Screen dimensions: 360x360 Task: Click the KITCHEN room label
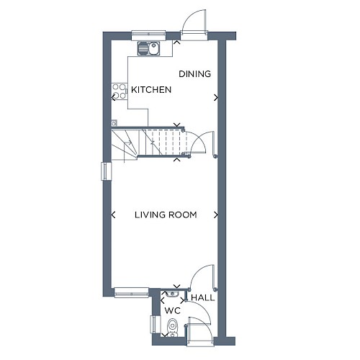tap(151, 90)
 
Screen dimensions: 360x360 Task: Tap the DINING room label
tap(195, 74)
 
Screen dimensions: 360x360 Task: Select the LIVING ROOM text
tap(166, 215)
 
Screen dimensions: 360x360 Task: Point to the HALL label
tap(203, 298)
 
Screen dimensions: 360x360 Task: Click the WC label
tap(172, 311)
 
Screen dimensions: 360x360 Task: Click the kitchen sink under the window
tap(149, 48)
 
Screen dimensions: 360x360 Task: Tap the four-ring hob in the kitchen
tap(119, 91)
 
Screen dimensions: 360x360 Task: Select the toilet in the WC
tap(172, 328)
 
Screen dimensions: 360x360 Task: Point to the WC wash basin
tap(172, 294)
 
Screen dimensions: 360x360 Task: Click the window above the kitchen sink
tap(149, 35)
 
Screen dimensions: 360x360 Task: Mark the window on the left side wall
tap(106, 171)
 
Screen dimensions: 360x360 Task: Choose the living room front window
tap(132, 292)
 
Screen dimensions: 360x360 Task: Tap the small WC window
tap(155, 324)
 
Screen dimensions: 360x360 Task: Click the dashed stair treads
tap(166, 143)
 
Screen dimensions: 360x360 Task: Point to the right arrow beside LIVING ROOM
tap(216, 215)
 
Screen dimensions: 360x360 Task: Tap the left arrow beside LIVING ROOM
tap(114, 215)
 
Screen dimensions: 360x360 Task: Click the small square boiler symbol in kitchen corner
tap(114, 123)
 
